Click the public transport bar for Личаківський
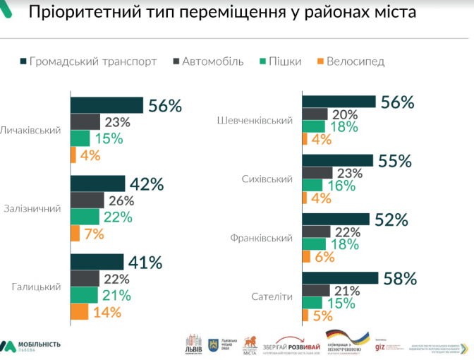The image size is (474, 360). (107, 105)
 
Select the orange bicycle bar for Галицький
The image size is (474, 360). (79, 311)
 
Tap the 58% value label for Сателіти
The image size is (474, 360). (399, 278)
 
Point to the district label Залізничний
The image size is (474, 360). (32, 209)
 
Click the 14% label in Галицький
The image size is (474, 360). (107, 311)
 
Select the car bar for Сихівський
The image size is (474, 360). (317, 173)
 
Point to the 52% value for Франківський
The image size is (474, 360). (391, 220)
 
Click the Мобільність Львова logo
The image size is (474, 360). (31, 346)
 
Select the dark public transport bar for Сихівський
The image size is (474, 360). (337, 160)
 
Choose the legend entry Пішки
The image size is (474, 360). (280, 61)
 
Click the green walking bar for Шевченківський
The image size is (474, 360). (314, 126)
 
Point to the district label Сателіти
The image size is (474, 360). (271, 296)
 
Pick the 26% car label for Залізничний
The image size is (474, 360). (121, 200)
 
